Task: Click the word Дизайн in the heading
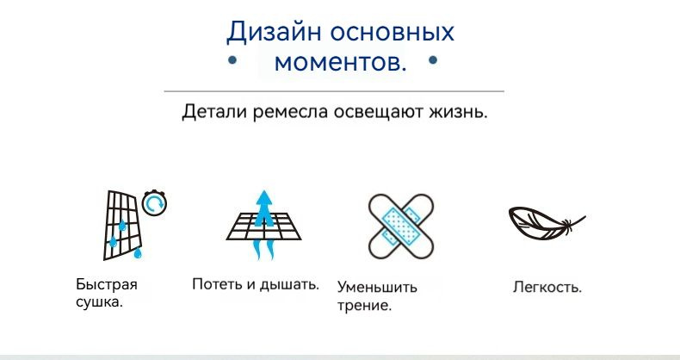(x=274, y=32)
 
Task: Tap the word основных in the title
(x=392, y=32)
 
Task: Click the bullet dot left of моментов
(x=232, y=59)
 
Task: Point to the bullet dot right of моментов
(x=433, y=59)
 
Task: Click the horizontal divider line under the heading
(x=334, y=91)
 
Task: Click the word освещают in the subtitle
(x=379, y=113)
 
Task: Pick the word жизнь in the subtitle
(x=455, y=113)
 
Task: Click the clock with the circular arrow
(x=154, y=202)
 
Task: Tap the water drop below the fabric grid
(x=138, y=252)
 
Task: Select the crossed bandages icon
(x=401, y=226)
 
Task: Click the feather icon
(x=547, y=222)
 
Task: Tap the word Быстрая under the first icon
(x=107, y=284)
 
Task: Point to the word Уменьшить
(x=377, y=287)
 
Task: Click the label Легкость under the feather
(x=547, y=287)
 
